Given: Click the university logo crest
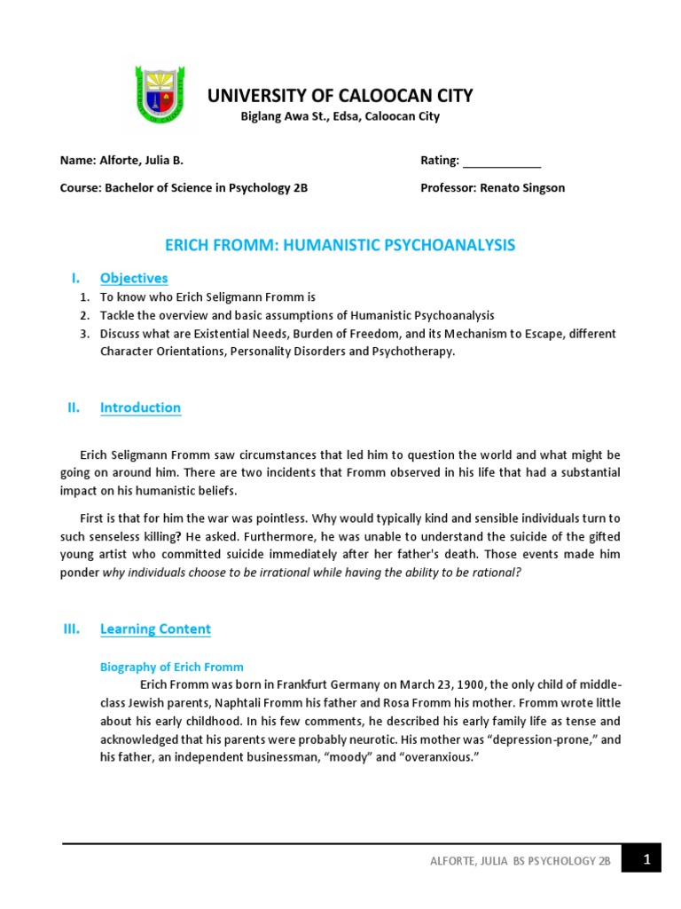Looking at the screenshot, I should [x=161, y=95].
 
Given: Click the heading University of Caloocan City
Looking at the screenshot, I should [x=340, y=96].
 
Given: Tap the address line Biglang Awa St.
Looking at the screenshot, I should [x=340, y=116].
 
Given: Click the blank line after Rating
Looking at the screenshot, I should [x=502, y=162].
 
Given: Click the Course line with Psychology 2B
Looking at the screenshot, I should [x=184, y=188].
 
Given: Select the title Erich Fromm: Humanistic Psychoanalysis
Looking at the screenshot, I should [x=340, y=245].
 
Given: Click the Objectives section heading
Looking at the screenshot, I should [x=134, y=278].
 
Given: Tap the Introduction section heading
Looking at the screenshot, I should [x=140, y=407].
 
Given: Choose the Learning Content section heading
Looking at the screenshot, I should [x=155, y=629].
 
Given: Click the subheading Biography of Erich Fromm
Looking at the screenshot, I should [x=171, y=667].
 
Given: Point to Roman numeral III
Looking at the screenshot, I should [x=72, y=628].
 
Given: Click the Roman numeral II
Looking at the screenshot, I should [x=74, y=407].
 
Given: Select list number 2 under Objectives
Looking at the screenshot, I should [x=84, y=316].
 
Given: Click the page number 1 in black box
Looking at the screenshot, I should [x=646, y=858].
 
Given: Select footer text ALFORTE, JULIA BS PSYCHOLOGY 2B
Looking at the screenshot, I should [x=521, y=861].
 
